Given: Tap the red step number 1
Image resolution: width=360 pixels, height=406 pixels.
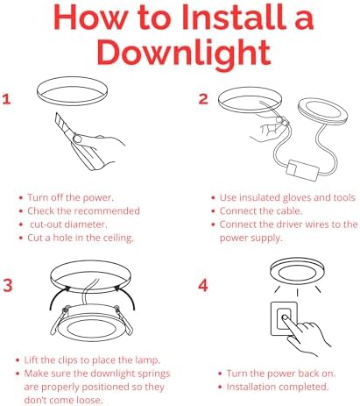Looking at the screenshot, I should pyautogui.click(x=9, y=100).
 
